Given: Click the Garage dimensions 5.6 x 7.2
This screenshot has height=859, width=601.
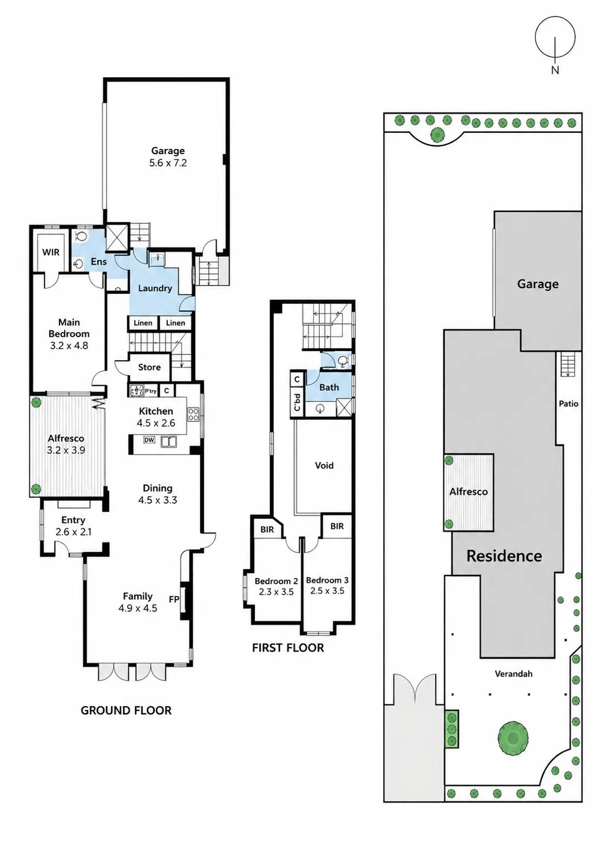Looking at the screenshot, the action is pos(168,163).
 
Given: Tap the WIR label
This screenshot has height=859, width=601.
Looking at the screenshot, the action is pos(50,253).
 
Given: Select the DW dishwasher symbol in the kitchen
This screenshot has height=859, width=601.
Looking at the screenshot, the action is pos(149,440).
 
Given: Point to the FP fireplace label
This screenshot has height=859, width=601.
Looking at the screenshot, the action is pos(174,599).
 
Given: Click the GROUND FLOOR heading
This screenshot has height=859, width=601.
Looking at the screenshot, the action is pos(126,711).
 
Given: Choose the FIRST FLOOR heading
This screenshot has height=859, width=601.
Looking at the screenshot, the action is pos(288,648).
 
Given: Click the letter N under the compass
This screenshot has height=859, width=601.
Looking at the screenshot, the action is pos(555,70).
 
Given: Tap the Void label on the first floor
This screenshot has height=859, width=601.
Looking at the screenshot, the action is pos(324,466).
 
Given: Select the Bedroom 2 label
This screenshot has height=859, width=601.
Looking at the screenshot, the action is pos(276,581).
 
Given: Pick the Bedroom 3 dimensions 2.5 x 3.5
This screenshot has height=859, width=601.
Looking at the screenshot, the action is pos(327,590).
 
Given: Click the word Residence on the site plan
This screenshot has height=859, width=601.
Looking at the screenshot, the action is pos(504,556).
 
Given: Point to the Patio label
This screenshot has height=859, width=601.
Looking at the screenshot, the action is pos(568,403).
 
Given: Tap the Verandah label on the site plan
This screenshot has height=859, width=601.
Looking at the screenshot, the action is pos(513,674).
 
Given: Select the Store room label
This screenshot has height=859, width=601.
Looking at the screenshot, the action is pos(149,368).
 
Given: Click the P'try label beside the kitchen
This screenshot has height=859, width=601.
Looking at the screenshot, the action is pos(150,391).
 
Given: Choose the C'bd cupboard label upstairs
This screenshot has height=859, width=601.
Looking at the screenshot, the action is pos(297,402).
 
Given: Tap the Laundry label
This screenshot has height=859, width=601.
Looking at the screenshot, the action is pos(155,289).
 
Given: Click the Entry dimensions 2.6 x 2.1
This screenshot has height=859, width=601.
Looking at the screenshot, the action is pos(73,532).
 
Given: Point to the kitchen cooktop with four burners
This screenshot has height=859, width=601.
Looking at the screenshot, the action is pos(193,415).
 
